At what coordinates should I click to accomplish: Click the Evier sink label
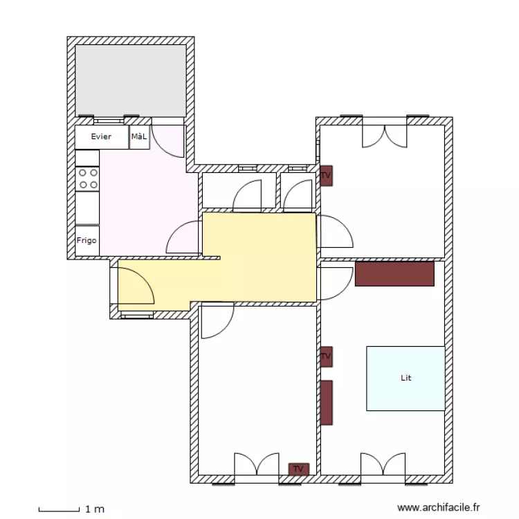pos(101,136)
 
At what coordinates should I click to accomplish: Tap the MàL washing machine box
pos(139,137)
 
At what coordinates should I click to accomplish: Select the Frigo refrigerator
pos(87,241)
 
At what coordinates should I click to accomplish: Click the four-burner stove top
pos(87,179)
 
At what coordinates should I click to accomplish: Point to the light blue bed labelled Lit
pos(406,379)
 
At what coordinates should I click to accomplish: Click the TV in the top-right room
pos(327,176)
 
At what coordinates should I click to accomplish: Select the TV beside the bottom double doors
pos(298,468)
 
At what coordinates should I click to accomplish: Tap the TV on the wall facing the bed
pos(327,356)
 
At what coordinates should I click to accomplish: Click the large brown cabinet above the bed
pos(394,274)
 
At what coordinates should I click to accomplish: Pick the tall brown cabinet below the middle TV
pos(327,403)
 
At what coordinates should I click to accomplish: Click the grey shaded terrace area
pos(131,80)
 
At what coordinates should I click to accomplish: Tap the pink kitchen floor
pos(145,206)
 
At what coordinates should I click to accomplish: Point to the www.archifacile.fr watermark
pos(439,507)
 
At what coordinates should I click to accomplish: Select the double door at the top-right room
pos(385,136)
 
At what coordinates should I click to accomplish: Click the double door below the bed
pos(383,464)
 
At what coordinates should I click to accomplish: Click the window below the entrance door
pos(137,316)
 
